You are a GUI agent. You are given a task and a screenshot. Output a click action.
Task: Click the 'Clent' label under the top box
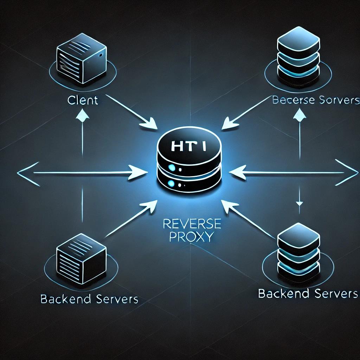click(x=83, y=100)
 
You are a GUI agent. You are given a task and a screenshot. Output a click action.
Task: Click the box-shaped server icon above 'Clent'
click(x=81, y=59)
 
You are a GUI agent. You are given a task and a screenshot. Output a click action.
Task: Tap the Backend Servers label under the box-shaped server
click(x=89, y=299)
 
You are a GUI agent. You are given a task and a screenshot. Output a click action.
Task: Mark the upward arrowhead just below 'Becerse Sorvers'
click(x=299, y=114)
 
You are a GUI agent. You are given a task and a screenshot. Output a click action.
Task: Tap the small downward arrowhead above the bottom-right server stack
click(x=299, y=203)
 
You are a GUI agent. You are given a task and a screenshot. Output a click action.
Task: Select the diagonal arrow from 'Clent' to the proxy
click(x=134, y=114)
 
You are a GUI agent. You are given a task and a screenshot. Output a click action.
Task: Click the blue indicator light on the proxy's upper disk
click(x=172, y=168)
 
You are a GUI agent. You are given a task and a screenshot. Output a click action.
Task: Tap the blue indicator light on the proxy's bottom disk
click(x=171, y=183)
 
